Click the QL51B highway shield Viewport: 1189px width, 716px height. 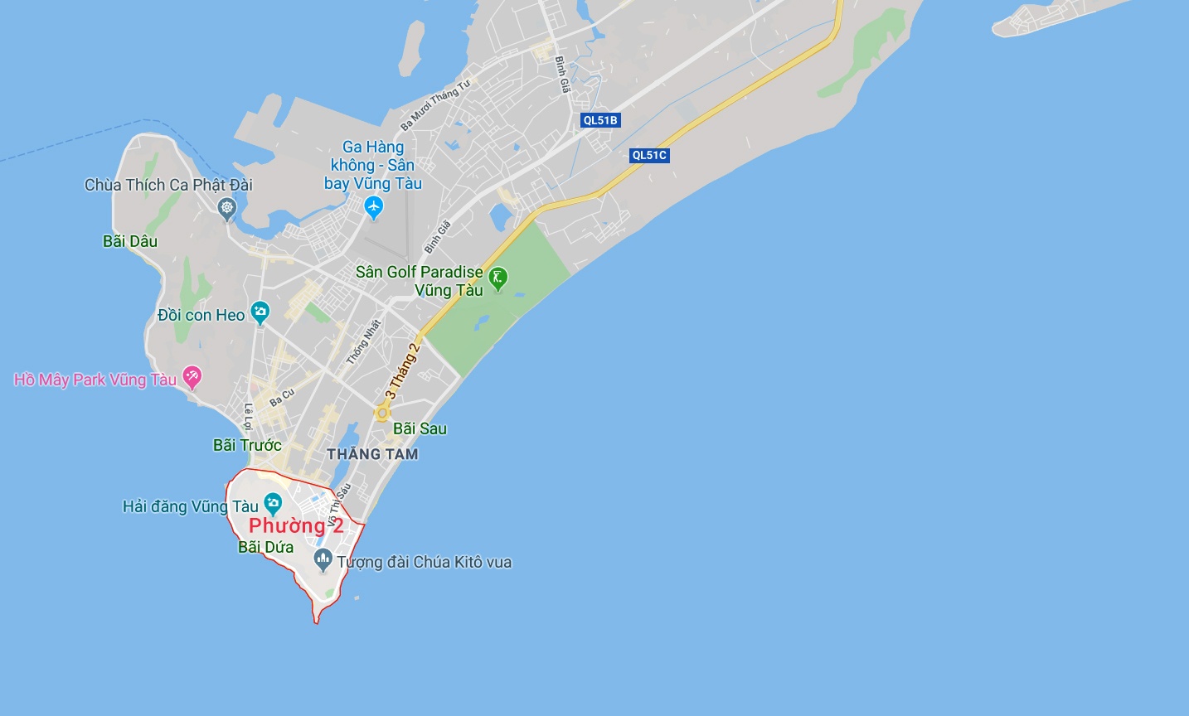point(600,120)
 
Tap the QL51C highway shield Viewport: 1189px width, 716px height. point(649,155)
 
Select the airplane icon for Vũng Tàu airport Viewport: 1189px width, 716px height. point(374,207)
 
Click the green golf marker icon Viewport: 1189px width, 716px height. point(497,278)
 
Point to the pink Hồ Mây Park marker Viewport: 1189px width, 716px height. point(192,378)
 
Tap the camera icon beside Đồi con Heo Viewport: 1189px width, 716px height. point(260,313)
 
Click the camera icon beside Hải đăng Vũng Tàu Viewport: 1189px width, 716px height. point(273,503)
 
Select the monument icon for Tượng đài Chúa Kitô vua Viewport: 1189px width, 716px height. point(323,559)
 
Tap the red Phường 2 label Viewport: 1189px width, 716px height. point(296,525)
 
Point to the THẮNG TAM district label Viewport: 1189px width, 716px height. point(372,454)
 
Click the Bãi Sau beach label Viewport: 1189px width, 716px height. point(420,428)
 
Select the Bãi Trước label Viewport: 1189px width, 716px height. point(247,445)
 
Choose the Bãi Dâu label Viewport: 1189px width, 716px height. point(130,241)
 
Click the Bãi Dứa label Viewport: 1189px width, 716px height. point(265,547)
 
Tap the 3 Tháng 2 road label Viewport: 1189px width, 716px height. point(402,370)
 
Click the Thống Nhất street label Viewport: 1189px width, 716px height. point(363,341)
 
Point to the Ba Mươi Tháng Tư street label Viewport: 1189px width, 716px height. point(435,105)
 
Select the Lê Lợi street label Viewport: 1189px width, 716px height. point(248,415)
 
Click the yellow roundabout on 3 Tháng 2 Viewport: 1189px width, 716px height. point(382,412)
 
